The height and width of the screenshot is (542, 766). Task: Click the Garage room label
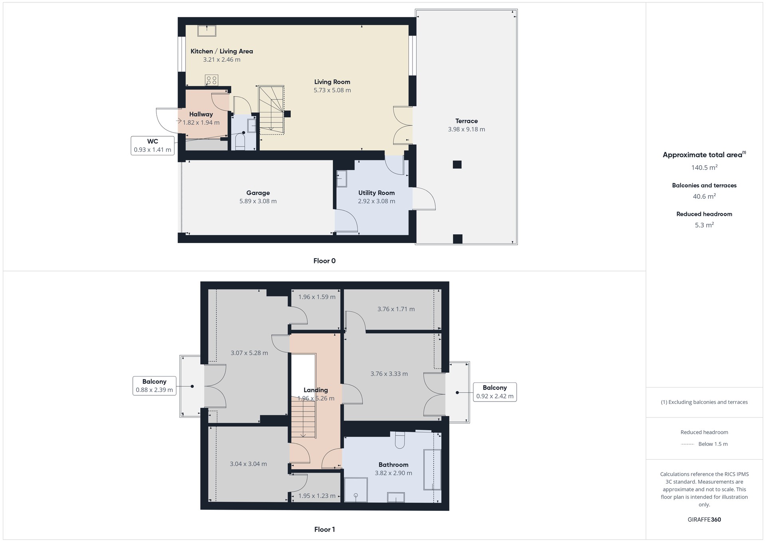tap(258, 193)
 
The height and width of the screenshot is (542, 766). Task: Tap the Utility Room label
tap(376, 193)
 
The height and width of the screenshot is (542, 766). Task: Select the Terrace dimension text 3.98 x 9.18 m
tap(466, 129)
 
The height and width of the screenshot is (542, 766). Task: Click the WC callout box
tap(152, 146)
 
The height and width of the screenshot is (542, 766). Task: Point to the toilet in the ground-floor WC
tap(240, 142)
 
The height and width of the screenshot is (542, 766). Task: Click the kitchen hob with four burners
tap(211, 80)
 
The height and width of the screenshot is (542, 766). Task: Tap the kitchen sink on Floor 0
tap(207, 31)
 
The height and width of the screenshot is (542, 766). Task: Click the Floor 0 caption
tap(324, 261)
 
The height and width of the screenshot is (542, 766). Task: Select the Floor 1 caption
tap(324, 530)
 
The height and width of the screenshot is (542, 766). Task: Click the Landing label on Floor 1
tap(316, 390)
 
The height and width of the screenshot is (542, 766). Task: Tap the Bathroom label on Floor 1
tap(393, 465)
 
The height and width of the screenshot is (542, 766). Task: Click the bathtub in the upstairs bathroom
tap(432, 470)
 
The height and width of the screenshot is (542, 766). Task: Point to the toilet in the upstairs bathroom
tap(400, 439)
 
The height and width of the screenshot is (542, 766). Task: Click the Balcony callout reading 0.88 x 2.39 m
tap(154, 386)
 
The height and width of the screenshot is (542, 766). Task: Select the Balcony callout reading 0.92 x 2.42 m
tap(495, 392)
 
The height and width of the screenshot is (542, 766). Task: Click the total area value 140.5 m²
tap(704, 168)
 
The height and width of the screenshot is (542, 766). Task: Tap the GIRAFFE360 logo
tap(704, 520)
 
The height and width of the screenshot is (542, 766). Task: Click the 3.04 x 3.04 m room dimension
tap(248, 464)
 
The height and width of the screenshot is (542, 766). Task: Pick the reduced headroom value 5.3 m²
tap(704, 225)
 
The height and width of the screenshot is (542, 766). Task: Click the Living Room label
tap(332, 82)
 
